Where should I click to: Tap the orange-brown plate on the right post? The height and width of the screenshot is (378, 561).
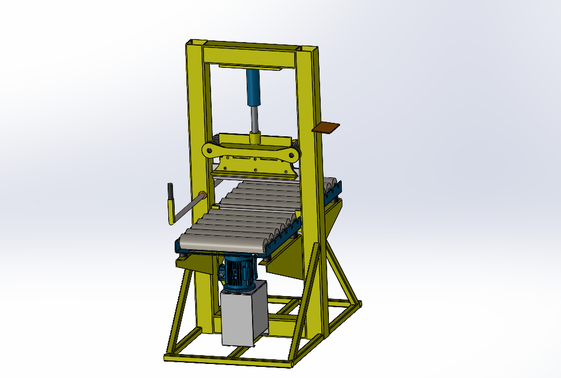coord(326,128)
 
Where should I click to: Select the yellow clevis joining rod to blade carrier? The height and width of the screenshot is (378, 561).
coord(255,138)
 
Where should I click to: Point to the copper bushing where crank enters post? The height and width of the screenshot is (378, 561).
coord(203,196)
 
